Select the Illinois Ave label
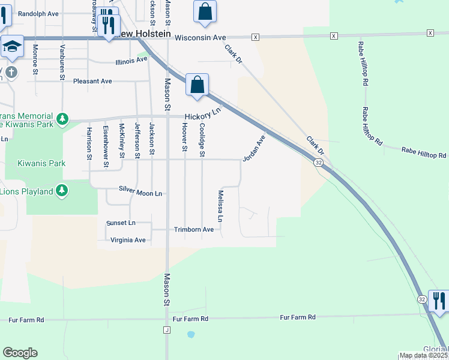tap(131, 61)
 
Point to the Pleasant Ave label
tap(92, 81)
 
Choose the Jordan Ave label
tap(253, 149)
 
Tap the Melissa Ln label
tap(221, 206)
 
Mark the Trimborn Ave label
tap(194, 229)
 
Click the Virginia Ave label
tap(128, 240)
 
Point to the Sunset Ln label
tap(121, 223)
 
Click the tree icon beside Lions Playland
tap(61, 191)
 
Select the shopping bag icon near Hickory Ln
tap(197, 85)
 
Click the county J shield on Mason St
tap(166, 329)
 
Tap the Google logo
tap(20, 353)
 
